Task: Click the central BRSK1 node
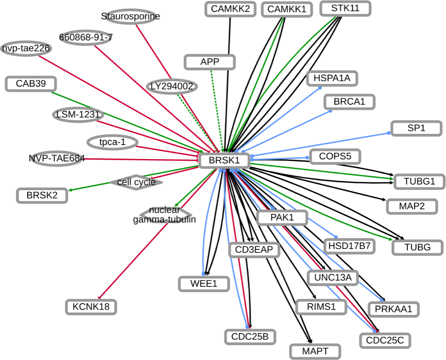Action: (x=224, y=161)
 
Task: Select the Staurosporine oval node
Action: (x=130, y=16)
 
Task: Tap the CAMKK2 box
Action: (x=230, y=9)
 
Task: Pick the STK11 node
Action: (x=345, y=8)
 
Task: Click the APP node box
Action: (x=210, y=62)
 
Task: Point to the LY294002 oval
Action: (x=172, y=86)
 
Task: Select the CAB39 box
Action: (x=31, y=84)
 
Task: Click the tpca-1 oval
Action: (x=112, y=142)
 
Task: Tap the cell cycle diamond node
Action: (x=136, y=182)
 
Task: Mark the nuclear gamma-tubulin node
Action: (x=165, y=215)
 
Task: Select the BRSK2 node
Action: (x=42, y=195)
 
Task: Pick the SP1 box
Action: (x=416, y=128)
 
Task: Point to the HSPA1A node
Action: (x=332, y=78)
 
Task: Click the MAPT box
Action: (x=315, y=351)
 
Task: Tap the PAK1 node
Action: (x=282, y=218)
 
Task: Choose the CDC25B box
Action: (x=250, y=336)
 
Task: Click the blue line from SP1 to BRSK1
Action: (x=320, y=144)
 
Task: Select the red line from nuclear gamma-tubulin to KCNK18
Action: (x=132, y=261)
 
